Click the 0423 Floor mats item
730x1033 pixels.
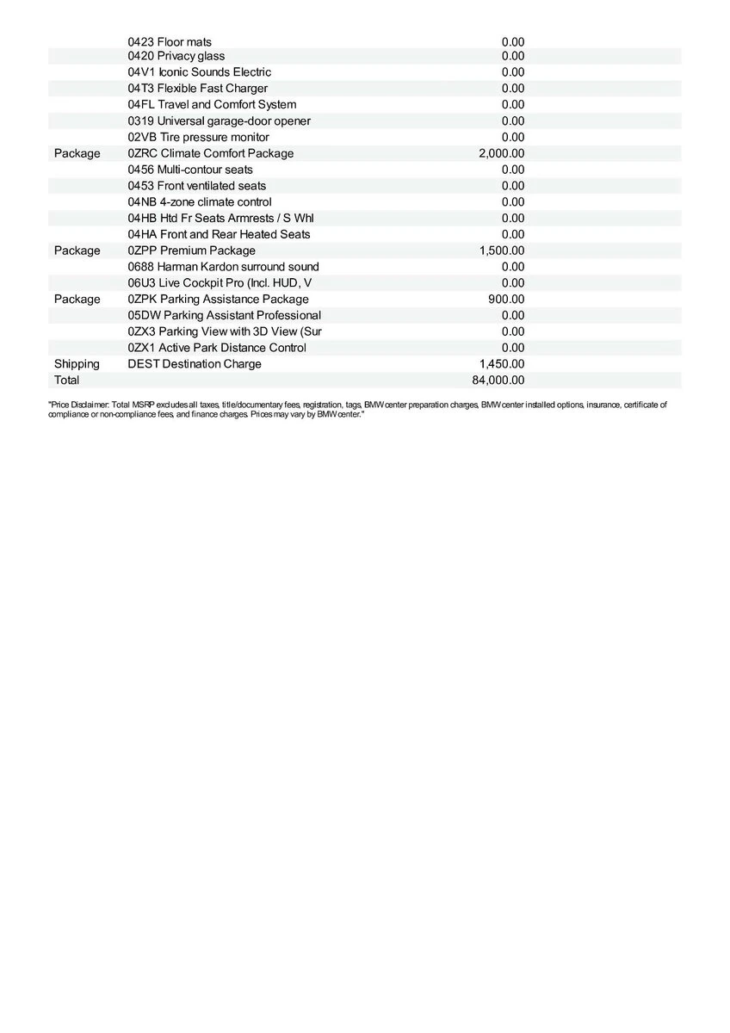(x=170, y=42)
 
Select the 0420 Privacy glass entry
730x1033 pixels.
(x=176, y=56)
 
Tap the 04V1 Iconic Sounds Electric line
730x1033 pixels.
(x=199, y=72)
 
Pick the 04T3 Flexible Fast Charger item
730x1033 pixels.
(x=197, y=89)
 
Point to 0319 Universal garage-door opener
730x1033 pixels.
(x=219, y=121)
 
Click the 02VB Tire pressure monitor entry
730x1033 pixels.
(x=198, y=138)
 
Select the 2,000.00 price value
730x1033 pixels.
(x=501, y=154)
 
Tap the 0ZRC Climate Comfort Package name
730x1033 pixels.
(x=210, y=154)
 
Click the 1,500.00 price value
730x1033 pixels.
(x=501, y=251)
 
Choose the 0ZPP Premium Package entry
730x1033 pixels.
(x=191, y=251)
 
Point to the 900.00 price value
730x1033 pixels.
(x=505, y=300)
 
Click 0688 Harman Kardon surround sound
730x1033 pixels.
(x=223, y=267)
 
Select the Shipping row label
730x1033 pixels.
(x=77, y=364)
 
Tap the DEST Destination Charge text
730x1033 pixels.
(x=195, y=364)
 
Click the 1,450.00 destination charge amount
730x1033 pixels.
(x=501, y=364)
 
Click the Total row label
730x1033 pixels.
(x=66, y=380)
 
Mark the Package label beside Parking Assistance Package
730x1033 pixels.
(x=77, y=300)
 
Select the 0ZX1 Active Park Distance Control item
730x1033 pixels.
(x=217, y=348)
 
